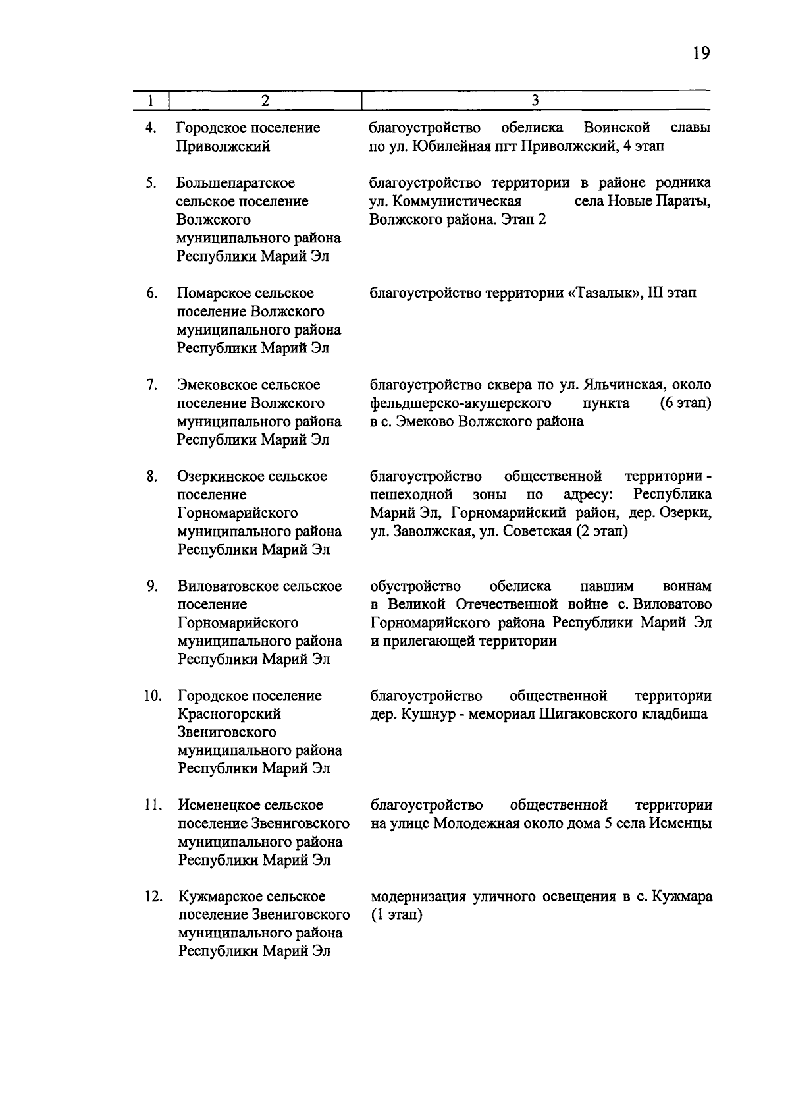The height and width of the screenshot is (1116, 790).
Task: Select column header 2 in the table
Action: point(265,101)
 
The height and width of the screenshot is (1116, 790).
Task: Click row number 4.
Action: point(151,128)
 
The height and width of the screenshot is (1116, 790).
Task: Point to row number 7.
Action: point(151,385)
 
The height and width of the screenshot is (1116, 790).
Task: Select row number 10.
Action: point(153,696)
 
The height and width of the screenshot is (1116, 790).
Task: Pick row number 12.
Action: point(153,897)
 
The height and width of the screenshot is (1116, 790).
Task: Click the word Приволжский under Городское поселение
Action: point(223,146)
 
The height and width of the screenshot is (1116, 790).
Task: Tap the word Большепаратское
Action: point(236,183)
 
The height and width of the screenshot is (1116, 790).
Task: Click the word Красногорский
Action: point(229,714)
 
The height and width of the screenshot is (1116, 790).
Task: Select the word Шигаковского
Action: point(588,714)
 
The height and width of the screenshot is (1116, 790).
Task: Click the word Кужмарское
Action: point(219,897)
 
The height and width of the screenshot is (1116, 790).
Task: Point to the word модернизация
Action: point(418,897)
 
